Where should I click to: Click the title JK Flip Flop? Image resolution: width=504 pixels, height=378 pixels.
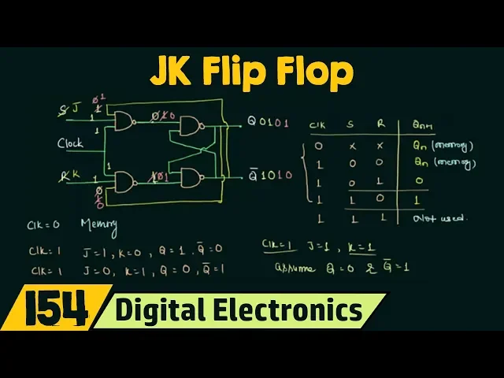pos(252,72)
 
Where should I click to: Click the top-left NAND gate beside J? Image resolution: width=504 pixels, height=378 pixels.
pos(124,120)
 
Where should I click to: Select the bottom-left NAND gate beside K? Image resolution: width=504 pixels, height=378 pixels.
pos(124,182)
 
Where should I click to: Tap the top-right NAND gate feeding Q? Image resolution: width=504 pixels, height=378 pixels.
pos(190,126)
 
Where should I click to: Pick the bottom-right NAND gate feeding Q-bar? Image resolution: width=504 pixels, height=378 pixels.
pos(190,178)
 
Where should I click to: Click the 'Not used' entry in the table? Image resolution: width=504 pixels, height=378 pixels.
pos(439,218)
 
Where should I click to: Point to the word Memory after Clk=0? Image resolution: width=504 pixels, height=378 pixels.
pos(98,225)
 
